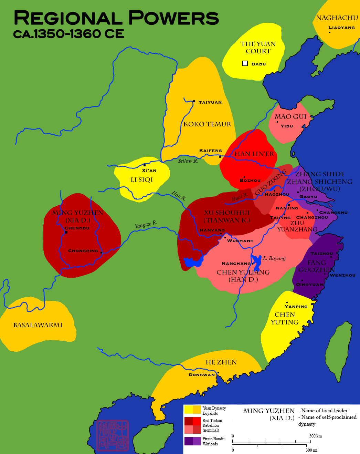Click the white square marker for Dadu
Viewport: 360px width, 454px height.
click(x=245, y=63)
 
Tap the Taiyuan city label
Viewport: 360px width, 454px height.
click(x=210, y=102)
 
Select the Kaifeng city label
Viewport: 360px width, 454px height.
click(x=211, y=151)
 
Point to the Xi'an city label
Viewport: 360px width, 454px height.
click(x=149, y=171)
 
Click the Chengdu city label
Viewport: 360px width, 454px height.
click(x=77, y=228)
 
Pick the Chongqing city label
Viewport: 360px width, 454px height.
click(x=83, y=251)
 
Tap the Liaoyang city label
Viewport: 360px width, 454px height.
click(x=341, y=28)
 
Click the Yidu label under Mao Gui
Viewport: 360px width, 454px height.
click(x=287, y=126)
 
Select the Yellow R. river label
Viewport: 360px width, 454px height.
click(x=188, y=161)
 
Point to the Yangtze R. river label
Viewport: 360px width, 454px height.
click(x=146, y=225)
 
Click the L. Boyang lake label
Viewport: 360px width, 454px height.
click(x=274, y=258)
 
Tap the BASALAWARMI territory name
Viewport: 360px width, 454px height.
click(x=38, y=325)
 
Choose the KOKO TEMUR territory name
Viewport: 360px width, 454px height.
click(x=207, y=124)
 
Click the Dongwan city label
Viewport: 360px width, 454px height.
click(x=202, y=375)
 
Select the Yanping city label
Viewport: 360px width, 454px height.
click(x=296, y=307)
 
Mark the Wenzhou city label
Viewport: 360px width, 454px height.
click(x=342, y=275)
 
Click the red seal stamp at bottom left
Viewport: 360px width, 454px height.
click(x=113, y=435)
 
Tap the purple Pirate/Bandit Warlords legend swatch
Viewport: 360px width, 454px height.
click(x=192, y=441)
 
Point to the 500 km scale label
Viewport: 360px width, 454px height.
click(x=315, y=436)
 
